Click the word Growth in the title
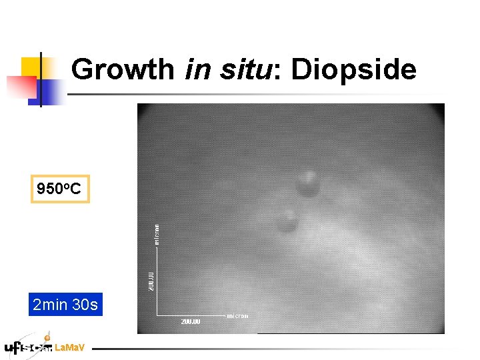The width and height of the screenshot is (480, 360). click(123, 69)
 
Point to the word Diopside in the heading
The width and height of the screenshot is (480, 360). click(353, 70)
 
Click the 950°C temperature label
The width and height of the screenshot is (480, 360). click(59, 189)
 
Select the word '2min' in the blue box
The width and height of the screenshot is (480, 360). click(50, 305)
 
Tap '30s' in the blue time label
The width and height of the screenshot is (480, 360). click(85, 305)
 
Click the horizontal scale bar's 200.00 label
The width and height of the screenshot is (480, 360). click(190, 321)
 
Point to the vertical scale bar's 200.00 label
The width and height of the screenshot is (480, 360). click(151, 281)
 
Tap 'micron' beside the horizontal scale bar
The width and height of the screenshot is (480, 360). click(238, 315)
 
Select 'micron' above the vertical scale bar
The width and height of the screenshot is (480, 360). click(157, 234)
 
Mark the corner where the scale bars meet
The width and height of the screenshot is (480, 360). click(157, 314)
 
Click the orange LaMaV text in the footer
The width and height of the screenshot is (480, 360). click(69, 348)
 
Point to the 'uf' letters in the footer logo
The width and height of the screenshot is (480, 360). click(13, 348)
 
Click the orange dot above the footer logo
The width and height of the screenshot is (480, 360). click(47, 338)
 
